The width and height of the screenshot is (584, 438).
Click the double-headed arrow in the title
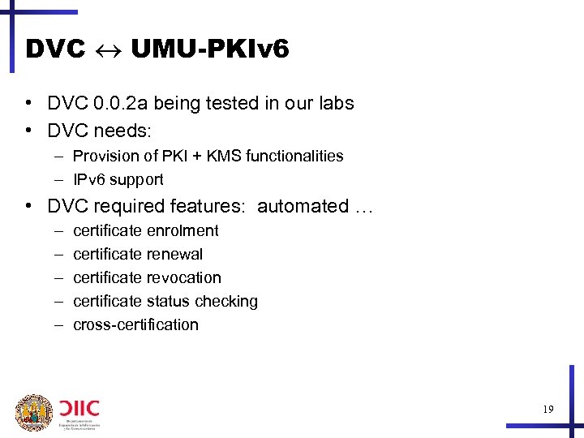108,50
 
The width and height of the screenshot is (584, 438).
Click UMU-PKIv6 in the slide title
209,49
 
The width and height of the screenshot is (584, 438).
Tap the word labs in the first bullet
335,103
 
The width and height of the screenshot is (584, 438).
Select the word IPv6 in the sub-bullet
89,179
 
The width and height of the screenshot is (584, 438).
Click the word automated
303,206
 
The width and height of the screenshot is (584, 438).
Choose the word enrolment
184,230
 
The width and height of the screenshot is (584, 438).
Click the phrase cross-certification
135,324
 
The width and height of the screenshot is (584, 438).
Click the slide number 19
548,410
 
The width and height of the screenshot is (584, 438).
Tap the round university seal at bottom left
33,413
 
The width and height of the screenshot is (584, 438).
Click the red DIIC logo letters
78,406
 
